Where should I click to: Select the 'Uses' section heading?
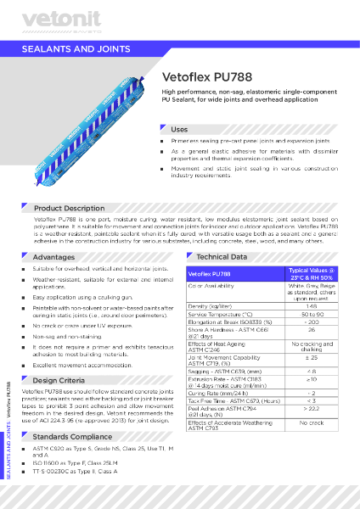tap(179, 128)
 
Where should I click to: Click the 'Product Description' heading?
tap(69, 208)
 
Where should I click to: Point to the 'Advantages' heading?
tap(53, 256)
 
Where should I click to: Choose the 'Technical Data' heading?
tap(222, 256)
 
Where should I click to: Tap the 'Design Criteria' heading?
tap(59, 380)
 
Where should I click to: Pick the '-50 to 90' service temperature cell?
tap(312, 315)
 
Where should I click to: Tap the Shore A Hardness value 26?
tap(312, 330)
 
